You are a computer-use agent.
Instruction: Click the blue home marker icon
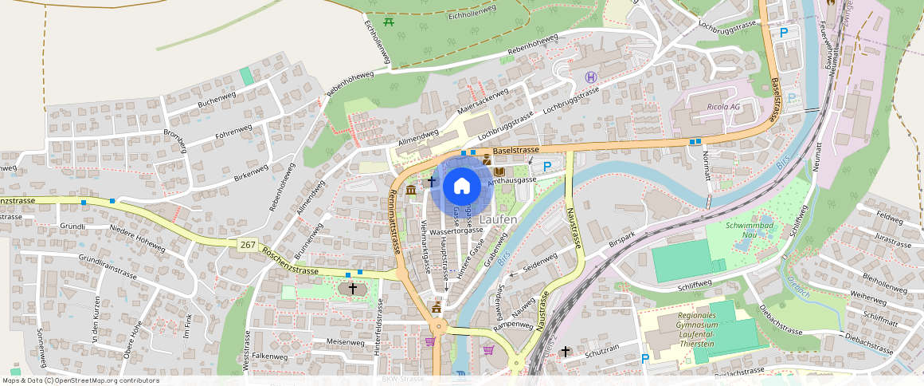(461, 186)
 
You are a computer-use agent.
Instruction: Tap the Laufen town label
(499, 219)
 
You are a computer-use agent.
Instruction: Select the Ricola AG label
(723, 106)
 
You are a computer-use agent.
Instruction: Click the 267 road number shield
(248, 244)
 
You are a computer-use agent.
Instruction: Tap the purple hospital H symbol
(590, 77)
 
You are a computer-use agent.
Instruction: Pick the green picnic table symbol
(389, 22)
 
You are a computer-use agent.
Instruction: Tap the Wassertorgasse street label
(456, 231)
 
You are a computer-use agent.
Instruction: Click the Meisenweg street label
(345, 341)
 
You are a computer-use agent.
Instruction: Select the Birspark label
(624, 239)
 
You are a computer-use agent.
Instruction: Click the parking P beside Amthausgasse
(547, 167)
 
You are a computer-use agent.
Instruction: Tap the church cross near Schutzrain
(566, 351)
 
